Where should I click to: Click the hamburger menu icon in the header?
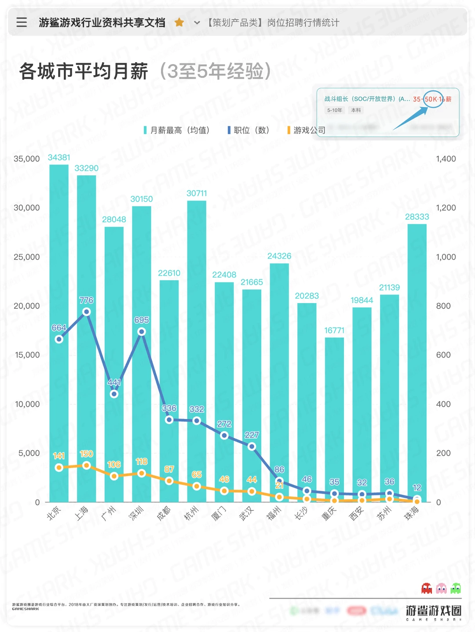(22, 22)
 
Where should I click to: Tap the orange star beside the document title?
(179, 22)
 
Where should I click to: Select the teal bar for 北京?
(59, 334)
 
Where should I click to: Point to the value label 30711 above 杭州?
(197, 193)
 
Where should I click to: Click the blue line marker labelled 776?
(87, 312)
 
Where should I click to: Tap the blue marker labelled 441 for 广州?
(114, 394)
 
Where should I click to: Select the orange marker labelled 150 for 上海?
(87, 465)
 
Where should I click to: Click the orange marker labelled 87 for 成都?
(169, 480)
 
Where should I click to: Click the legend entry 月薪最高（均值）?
(176, 130)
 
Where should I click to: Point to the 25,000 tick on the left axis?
(26, 257)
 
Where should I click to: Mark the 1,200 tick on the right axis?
(446, 208)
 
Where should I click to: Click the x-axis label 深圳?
(136, 513)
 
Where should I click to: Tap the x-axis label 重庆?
(329, 513)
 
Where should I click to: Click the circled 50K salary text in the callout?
(432, 99)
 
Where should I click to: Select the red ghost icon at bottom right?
(426, 588)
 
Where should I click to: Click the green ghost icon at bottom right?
(456, 588)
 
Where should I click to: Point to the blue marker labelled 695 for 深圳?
(142, 332)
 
